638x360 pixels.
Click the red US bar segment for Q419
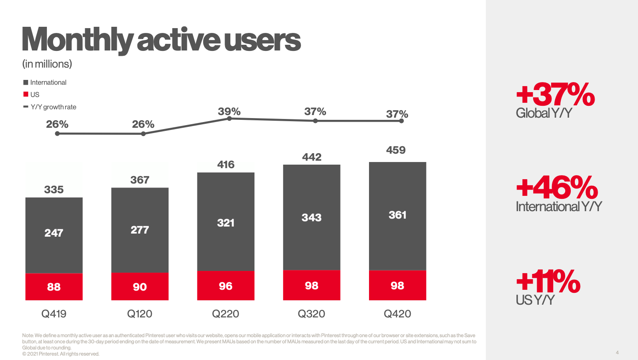[x=54, y=287]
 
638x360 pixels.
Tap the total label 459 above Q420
[x=396, y=150]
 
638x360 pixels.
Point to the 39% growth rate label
[x=229, y=112]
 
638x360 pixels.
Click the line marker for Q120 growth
[x=143, y=133]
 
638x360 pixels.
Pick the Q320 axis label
[x=312, y=314]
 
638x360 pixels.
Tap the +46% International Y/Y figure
[x=557, y=188]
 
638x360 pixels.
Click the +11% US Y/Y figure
[x=548, y=282]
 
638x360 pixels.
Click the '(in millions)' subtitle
[x=47, y=64]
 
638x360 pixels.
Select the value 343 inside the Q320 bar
[x=312, y=217]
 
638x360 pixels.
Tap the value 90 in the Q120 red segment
[x=140, y=287]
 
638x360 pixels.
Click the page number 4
[x=617, y=353]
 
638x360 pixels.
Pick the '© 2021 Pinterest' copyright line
[x=61, y=354]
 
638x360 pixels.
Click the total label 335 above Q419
[x=54, y=190]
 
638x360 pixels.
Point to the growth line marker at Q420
[x=401, y=121]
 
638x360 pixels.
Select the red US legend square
[x=26, y=95]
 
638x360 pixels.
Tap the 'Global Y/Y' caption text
[x=544, y=113]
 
